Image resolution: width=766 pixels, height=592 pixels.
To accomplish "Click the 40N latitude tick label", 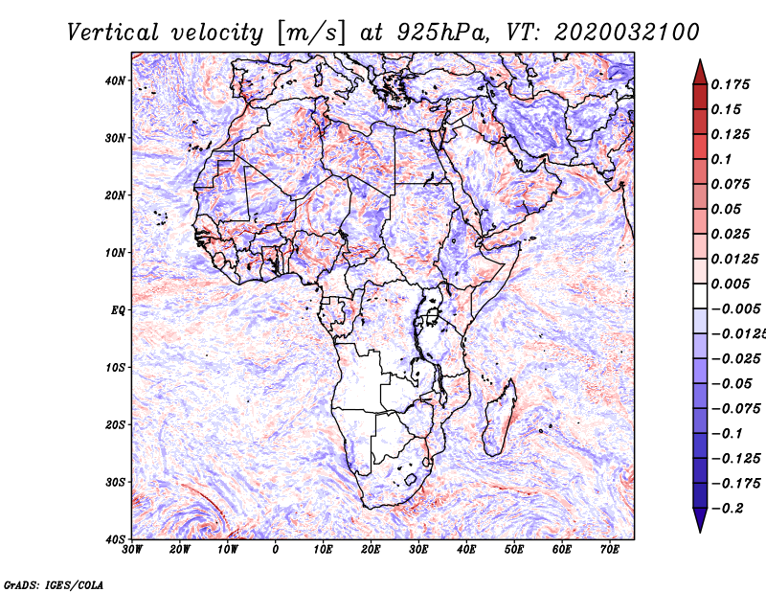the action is click(x=115, y=80).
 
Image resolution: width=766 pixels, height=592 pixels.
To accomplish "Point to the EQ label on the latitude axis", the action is click(x=118, y=310).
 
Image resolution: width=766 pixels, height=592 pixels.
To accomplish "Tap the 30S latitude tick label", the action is click(x=115, y=483).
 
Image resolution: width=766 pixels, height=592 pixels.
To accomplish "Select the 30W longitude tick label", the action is click(x=132, y=550).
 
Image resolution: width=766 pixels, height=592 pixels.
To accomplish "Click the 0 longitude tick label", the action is click(x=276, y=550).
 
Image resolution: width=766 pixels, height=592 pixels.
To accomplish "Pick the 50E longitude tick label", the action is click(x=514, y=550).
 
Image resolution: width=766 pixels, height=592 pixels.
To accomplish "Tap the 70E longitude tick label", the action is click(x=610, y=550).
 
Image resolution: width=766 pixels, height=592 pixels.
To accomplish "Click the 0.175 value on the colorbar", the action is click(x=731, y=85).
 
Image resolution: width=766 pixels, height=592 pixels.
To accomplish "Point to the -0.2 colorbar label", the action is click(x=728, y=509).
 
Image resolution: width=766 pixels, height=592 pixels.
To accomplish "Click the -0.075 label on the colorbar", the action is click(x=735, y=409).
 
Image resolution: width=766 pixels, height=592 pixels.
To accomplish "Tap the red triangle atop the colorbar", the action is click(x=700, y=73).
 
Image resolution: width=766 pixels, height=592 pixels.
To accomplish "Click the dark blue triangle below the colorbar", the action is click(x=700, y=520).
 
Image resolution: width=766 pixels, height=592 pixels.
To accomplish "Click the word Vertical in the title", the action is click(x=113, y=33).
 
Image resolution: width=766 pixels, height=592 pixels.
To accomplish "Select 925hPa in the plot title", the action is click(x=442, y=33).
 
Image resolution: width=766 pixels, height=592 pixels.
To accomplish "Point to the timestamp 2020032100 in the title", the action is click(x=627, y=33).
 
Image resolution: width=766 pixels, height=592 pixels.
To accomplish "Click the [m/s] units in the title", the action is click(x=310, y=34).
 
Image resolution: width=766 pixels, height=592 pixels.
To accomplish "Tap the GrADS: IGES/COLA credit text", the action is click(x=54, y=584).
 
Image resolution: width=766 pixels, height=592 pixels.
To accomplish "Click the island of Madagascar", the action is click(x=499, y=417).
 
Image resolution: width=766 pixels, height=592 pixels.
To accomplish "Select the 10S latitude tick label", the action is click(x=115, y=368).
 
